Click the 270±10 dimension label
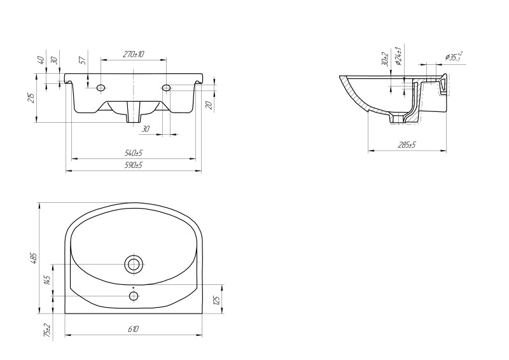[133, 54]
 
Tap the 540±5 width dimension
[134, 153]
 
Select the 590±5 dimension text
[134, 165]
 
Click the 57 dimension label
[83, 60]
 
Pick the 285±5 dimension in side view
[407, 144]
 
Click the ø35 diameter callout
[454, 57]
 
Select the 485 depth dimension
[35, 258]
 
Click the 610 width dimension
[133, 329]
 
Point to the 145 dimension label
[47, 280]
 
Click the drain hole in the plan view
[134, 265]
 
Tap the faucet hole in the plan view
[134, 296]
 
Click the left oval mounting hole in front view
[101, 87]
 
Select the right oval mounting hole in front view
[166, 87]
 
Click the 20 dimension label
[209, 105]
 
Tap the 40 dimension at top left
[41, 60]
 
